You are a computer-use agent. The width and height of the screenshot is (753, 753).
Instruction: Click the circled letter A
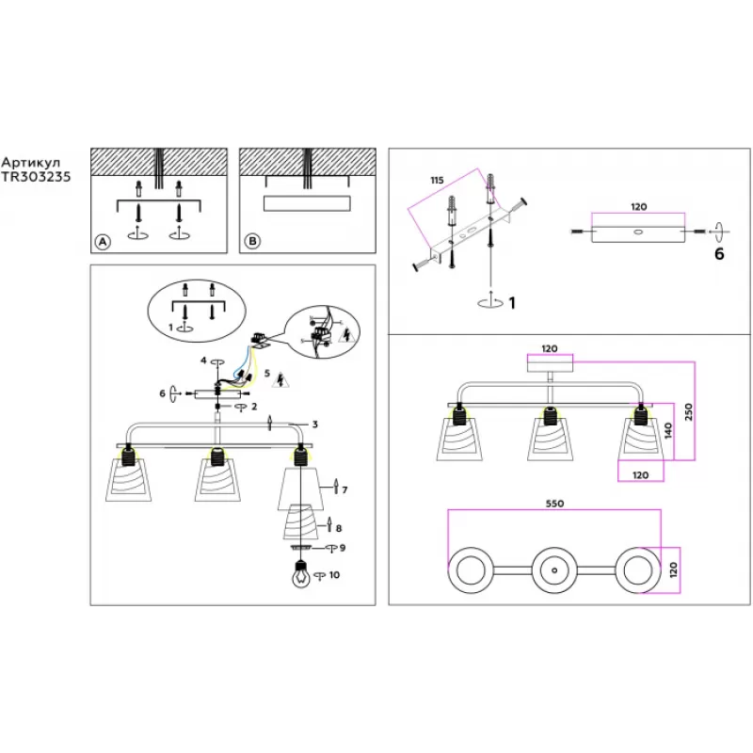point(103,242)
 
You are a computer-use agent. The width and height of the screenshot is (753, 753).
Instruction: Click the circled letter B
point(251,242)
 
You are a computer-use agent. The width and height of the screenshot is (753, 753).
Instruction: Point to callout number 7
point(345,489)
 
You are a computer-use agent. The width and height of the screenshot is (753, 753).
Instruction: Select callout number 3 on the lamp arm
point(314,425)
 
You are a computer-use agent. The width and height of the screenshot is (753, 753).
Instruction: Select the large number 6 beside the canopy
point(720,253)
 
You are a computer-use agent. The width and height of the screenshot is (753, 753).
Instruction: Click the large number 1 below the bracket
point(513,303)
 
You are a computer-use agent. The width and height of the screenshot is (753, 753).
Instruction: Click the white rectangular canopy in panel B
point(308,203)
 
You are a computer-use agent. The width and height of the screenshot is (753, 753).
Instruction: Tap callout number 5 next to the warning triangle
point(268,374)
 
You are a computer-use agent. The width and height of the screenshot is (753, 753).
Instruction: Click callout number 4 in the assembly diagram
point(202,360)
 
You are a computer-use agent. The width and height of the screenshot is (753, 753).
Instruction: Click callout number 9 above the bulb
point(343,548)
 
